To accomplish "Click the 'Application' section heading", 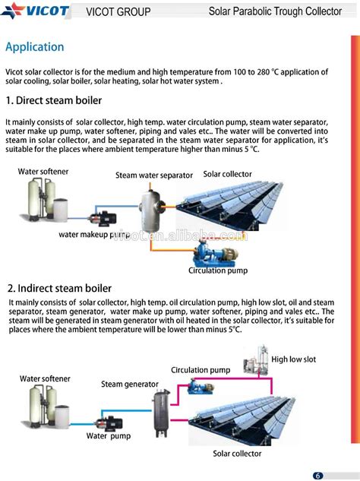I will tap(35, 47).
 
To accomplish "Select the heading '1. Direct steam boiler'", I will tap(53, 100).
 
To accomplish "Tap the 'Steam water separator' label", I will tap(154, 176).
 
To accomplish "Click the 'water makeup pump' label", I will tap(94, 235).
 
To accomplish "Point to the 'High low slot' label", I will tap(293, 359).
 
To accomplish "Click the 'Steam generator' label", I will tap(130, 384).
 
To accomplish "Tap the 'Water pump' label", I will tap(108, 436).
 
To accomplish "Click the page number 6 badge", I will tap(318, 475).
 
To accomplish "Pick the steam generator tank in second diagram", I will tap(161, 412).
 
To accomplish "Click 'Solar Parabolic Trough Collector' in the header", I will tap(275, 11).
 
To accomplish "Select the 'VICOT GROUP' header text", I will tap(118, 12).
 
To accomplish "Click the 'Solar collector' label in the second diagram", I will tap(237, 454).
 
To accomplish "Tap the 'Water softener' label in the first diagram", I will tap(43, 172).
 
